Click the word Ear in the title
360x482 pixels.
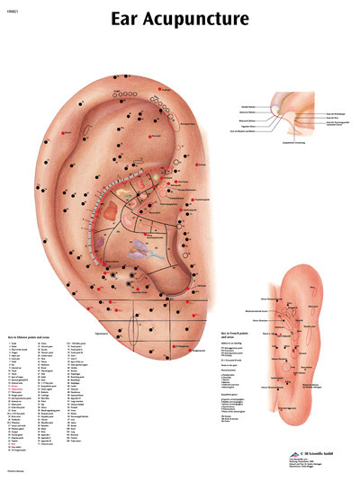coord(126,19)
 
